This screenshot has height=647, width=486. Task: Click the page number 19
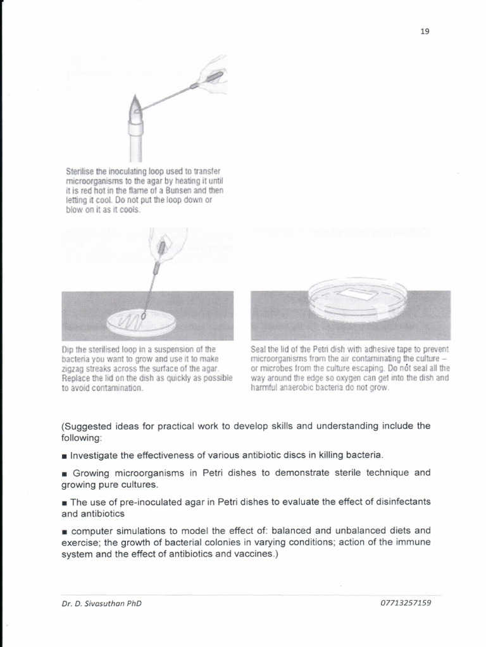click(425, 32)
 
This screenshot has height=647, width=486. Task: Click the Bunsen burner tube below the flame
click(136, 142)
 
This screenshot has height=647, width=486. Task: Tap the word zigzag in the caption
click(73, 368)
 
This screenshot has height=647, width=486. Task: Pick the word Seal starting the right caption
click(258, 349)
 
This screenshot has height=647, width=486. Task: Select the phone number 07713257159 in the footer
click(406, 603)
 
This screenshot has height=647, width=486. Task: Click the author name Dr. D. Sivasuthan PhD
click(101, 603)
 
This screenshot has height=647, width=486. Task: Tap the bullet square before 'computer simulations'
click(64, 531)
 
